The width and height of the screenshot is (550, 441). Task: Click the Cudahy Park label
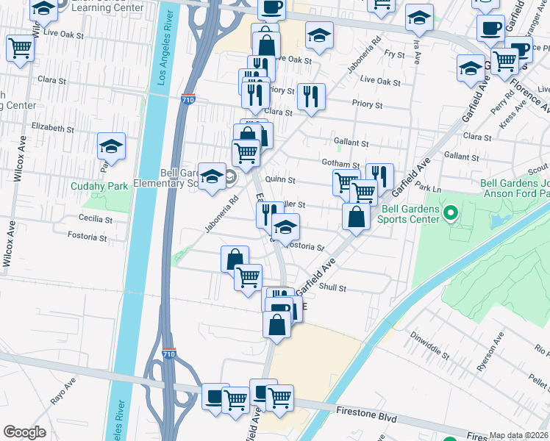(x=99, y=186)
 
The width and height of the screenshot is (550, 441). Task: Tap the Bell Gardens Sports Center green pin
(x=451, y=214)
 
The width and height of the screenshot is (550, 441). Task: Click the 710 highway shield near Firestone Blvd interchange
(x=169, y=354)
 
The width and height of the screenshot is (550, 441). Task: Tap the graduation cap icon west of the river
(x=111, y=146)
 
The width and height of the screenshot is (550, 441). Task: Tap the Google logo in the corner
(x=24, y=431)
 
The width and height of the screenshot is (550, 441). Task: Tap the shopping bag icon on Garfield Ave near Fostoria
(x=356, y=218)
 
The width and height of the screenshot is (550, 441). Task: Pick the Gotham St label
(x=340, y=163)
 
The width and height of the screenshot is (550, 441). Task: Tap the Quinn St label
(x=279, y=179)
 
